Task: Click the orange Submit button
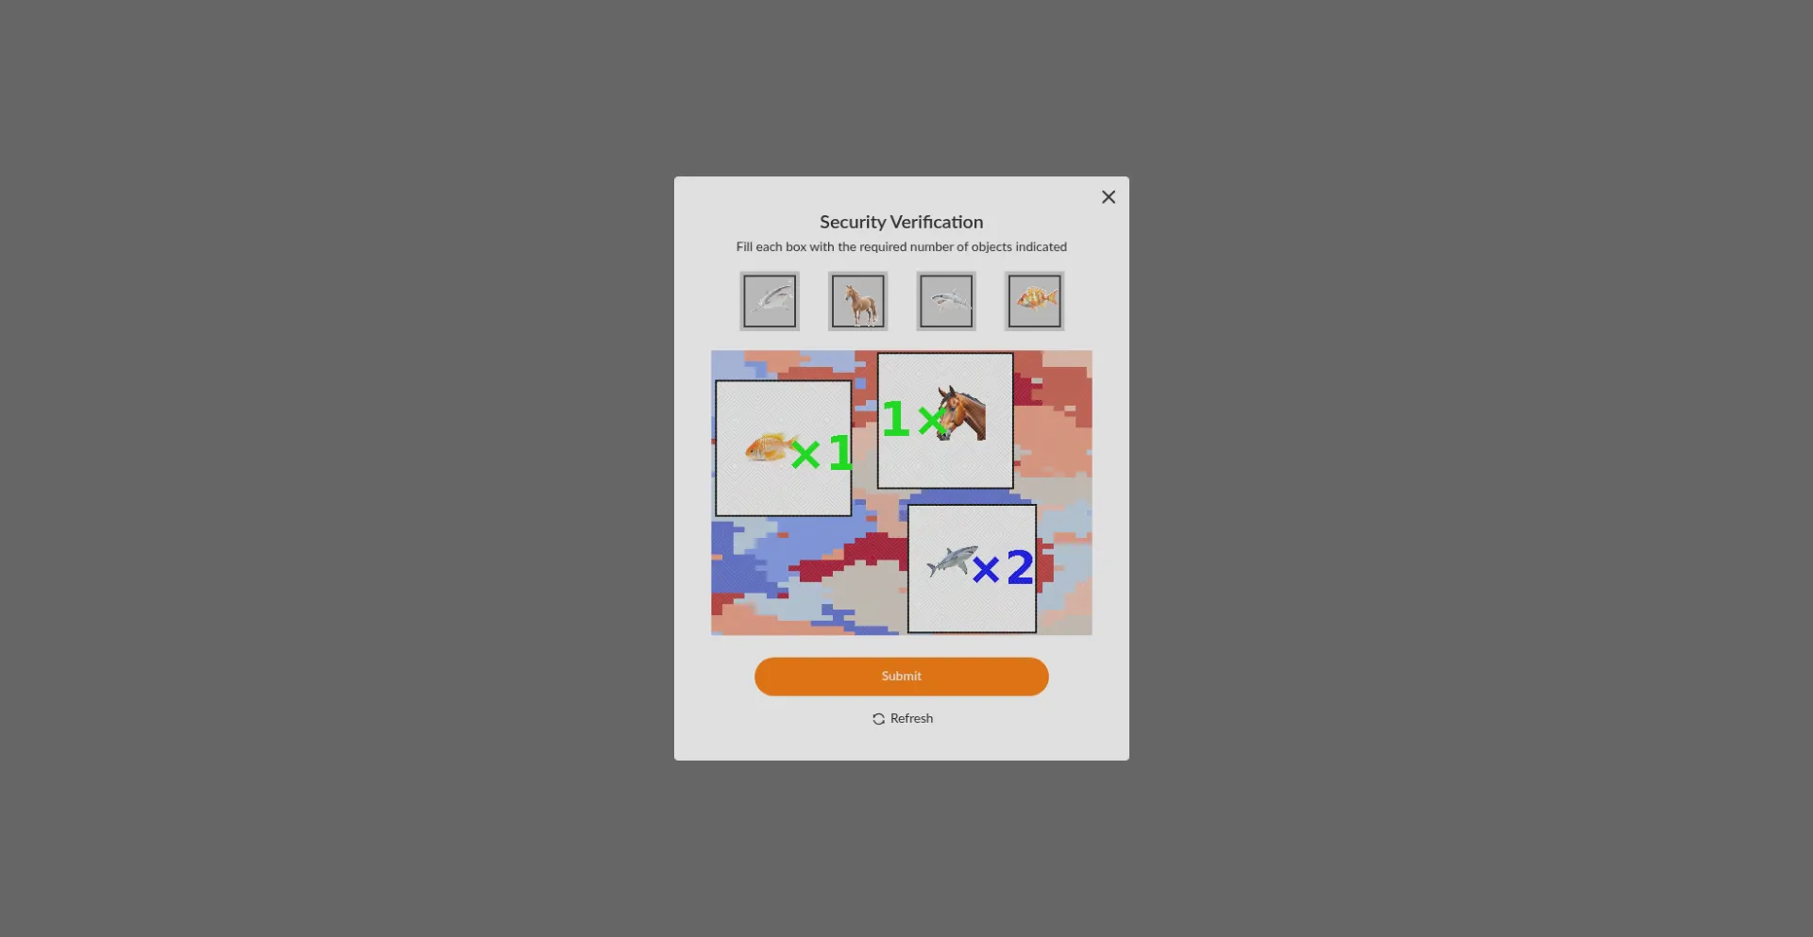coord(901,677)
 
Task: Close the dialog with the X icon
coord(1109,197)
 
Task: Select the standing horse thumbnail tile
coord(857,301)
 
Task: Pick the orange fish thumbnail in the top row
coord(1034,301)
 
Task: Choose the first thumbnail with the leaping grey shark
coord(770,301)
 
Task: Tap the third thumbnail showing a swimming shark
coord(946,301)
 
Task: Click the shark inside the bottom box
coord(952,561)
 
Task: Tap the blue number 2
coord(1020,567)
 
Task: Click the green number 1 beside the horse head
coord(895,419)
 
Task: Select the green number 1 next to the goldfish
coord(839,453)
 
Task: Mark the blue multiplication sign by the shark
coord(986,570)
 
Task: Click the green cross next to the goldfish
coord(805,455)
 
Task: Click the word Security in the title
coord(853,223)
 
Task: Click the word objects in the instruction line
coord(991,247)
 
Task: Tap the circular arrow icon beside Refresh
coord(878,719)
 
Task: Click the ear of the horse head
coord(944,393)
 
